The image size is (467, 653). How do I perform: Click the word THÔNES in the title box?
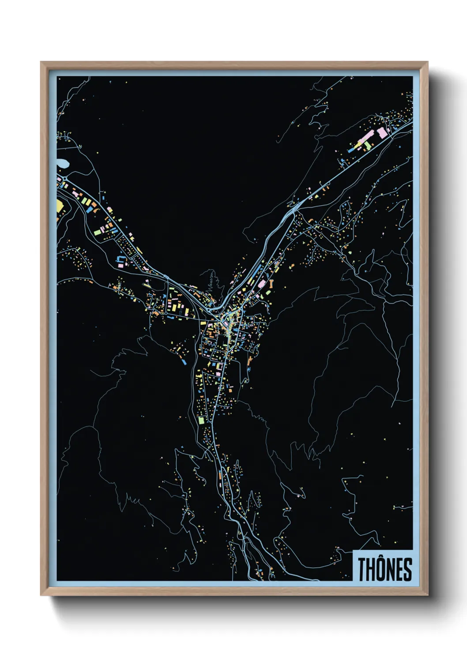[x=384, y=569]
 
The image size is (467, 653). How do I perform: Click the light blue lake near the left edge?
[x=62, y=164]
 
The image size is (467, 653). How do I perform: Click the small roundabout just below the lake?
[x=65, y=178]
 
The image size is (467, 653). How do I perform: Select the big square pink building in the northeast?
[x=382, y=132]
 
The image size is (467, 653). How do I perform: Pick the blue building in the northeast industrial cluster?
[x=351, y=150]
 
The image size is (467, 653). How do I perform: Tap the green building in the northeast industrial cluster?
[x=368, y=145]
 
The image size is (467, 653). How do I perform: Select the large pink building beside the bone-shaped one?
[x=261, y=284]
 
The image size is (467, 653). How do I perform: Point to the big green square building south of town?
[x=201, y=420]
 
